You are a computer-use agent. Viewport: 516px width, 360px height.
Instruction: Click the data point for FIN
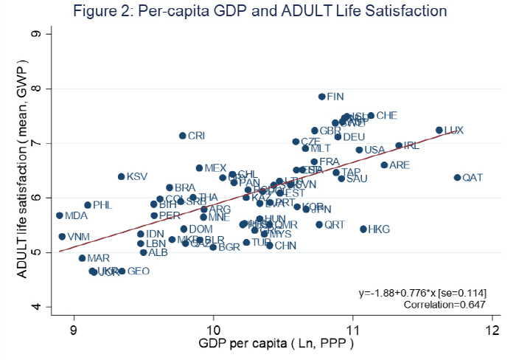[322, 97]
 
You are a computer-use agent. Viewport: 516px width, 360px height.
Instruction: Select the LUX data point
[439, 130]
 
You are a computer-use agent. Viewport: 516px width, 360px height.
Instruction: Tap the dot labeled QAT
[457, 178]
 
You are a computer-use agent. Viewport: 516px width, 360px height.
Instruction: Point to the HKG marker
[363, 229]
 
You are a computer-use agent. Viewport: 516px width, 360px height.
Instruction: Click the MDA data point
[60, 215]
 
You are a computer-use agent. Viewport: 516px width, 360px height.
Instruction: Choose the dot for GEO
[122, 271]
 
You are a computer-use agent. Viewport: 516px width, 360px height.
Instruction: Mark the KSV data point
[122, 176]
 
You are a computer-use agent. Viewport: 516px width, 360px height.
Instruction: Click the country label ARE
[399, 165]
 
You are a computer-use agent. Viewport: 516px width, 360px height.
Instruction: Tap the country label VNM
[79, 237]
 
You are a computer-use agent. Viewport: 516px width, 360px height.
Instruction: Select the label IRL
[411, 146]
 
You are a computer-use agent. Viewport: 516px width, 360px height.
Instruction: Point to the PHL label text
[103, 205]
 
